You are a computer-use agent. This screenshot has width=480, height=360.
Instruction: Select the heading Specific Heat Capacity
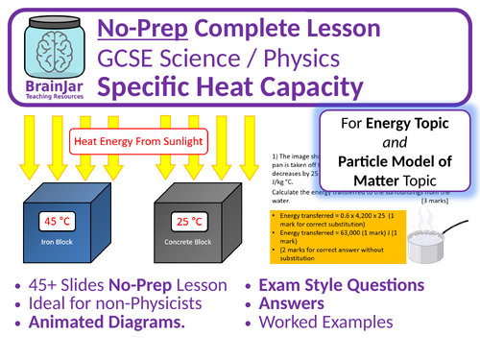pos(237,88)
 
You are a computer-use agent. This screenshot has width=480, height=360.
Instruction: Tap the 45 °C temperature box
pos(57,222)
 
